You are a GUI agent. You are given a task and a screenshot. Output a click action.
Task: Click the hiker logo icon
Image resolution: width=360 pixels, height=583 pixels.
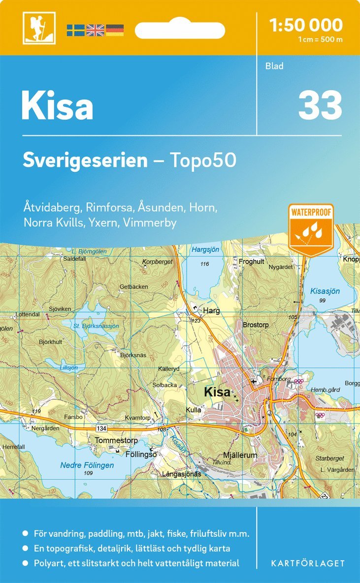(38, 28)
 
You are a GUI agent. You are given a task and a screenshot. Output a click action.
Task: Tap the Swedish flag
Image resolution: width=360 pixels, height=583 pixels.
(75, 30)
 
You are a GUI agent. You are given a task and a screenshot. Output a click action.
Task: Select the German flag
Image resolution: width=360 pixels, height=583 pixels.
(115, 30)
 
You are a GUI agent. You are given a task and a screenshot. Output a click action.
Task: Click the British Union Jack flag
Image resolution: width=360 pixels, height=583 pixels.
(95, 30)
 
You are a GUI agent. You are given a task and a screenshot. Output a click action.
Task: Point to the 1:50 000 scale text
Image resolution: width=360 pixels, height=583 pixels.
(306, 25)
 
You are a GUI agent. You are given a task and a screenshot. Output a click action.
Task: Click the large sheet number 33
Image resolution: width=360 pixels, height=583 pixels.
(320, 105)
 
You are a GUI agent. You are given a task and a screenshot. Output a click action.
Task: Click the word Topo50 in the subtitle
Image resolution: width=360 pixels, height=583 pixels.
(203, 160)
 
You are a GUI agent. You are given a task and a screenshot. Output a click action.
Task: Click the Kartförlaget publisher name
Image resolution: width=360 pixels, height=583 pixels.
(308, 563)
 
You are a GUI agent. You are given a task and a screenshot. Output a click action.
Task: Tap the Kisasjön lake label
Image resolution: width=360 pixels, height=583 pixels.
(325, 291)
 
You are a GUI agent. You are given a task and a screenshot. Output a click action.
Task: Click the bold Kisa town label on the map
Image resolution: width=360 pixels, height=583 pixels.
(217, 392)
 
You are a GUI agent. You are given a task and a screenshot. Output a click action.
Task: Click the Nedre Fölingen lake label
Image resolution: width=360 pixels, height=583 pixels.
(87, 465)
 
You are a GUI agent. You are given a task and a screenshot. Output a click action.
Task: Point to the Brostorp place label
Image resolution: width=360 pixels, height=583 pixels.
(256, 325)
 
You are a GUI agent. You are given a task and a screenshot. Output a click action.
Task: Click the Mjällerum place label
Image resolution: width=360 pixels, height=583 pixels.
(240, 455)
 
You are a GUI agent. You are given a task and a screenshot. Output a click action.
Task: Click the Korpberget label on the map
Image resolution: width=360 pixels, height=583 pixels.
(157, 262)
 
